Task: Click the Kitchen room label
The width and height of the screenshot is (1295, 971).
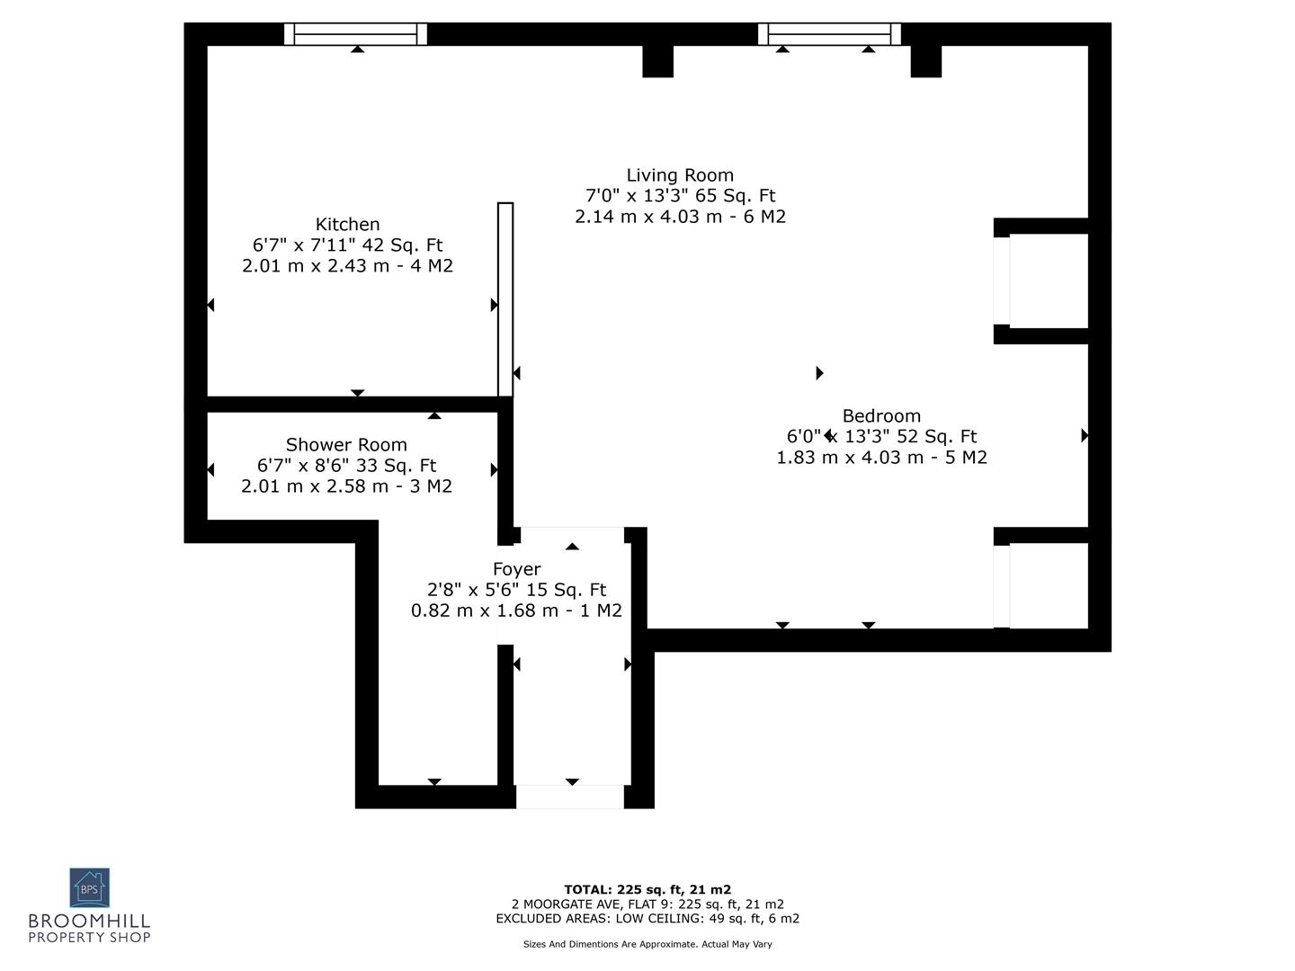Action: pos(347,225)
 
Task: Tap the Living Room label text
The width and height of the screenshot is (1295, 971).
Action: pos(680,175)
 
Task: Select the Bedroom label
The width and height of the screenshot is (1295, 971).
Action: pos(881,416)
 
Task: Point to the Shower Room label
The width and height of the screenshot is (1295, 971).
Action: pos(346,445)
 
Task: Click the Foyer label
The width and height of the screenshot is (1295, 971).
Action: pos(516,569)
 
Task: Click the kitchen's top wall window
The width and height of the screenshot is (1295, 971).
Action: pos(356,34)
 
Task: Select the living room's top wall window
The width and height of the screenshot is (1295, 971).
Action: pos(829,34)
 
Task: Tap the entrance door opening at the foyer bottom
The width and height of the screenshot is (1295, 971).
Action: pos(569,797)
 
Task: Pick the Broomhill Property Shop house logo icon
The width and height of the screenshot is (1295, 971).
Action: pos(89,887)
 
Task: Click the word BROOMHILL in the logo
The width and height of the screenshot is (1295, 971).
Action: pos(89,922)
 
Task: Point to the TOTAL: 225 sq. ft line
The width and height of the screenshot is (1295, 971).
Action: pos(647,890)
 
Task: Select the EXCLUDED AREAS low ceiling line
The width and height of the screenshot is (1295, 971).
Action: pos(647,919)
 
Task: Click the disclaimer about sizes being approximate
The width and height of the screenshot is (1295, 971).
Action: pos(647,944)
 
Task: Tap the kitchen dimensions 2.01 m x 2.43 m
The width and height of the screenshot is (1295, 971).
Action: pos(347,266)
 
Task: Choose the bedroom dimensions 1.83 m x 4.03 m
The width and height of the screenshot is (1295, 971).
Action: pos(881,458)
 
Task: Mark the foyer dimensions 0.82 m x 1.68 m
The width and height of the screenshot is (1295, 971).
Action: pos(516,610)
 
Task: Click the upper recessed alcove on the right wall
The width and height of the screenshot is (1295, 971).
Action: pos(1048,281)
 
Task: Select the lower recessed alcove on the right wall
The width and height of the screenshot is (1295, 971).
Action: pos(1048,585)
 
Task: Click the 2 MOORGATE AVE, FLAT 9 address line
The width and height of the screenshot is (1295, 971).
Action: pos(647,904)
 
